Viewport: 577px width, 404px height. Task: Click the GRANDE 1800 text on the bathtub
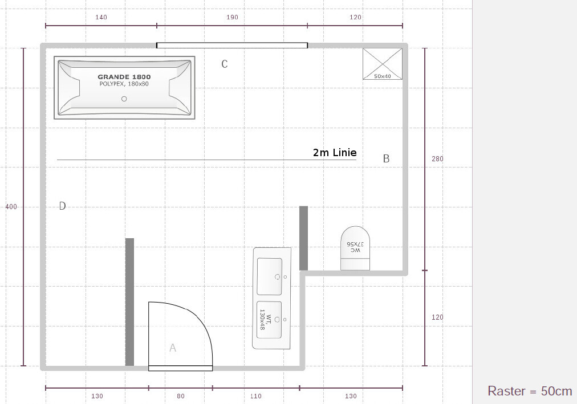pos(124,77)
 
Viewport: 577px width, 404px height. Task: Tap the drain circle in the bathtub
pos(124,99)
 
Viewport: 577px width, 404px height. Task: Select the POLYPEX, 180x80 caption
pos(124,84)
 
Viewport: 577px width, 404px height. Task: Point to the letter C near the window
pos(225,64)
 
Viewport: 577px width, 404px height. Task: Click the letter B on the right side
pos(386,158)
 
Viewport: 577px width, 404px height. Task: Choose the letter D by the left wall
pos(63,206)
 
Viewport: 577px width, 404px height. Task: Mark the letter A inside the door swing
pos(173,348)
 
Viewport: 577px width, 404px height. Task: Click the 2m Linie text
pos(335,153)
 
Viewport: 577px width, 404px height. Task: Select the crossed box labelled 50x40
pos(383,64)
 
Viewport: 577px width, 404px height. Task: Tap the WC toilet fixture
pos(355,248)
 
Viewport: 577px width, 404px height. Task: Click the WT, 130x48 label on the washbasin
pos(265,319)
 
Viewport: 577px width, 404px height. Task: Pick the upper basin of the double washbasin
pos(269,276)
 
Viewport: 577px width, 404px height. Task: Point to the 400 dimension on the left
pos(11,207)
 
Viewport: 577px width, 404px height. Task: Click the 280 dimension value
pos(437,159)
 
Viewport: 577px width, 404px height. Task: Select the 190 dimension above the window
pos(232,17)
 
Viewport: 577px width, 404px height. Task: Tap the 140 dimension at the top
pos(101,17)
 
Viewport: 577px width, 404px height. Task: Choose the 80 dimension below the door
pos(180,396)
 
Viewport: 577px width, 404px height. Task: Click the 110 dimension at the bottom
pos(256,396)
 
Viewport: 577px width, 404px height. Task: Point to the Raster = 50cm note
pos(530,391)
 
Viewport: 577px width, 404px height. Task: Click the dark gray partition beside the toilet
pos(303,238)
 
